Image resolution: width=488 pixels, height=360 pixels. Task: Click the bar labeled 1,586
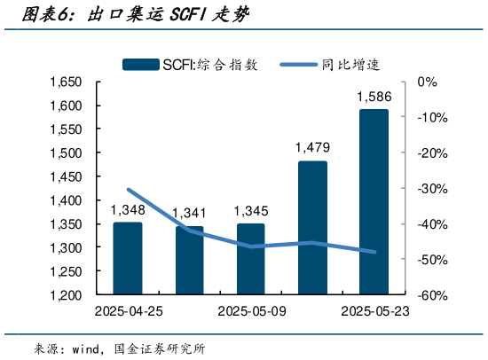coord(374,201)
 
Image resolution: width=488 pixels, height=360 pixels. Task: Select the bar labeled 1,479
coord(312,227)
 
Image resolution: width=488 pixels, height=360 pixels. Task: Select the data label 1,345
coord(251,211)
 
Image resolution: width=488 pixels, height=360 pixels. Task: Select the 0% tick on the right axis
coord(428,82)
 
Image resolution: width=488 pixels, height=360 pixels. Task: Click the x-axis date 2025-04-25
coord(128,312)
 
